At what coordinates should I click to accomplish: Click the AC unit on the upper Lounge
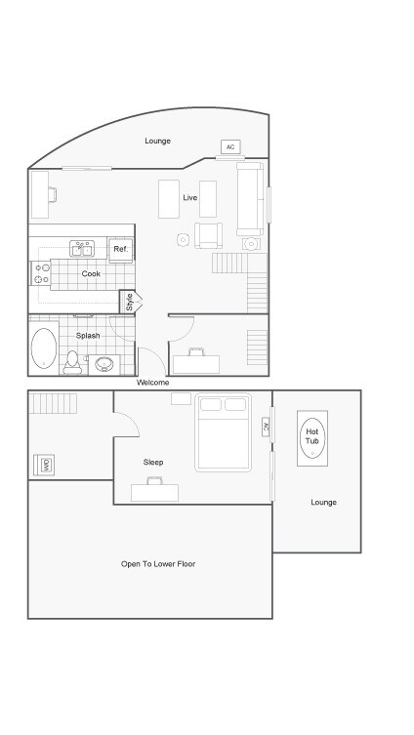230,147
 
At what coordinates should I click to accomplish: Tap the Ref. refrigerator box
120,250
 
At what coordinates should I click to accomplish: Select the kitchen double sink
80,248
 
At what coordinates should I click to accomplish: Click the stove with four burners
42,273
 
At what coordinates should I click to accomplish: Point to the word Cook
91,274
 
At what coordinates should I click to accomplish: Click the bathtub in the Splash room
44,348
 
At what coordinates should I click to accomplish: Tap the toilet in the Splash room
72,362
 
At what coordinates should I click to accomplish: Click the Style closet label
129,303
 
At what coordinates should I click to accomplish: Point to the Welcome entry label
152,383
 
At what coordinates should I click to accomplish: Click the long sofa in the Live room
250,198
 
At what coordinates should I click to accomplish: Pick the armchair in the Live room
209,235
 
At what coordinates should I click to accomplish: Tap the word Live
189,198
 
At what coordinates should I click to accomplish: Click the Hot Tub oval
312,435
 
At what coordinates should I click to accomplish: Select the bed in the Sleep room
223,431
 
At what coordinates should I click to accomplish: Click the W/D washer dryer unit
45,466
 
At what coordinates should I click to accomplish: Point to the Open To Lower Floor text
158,564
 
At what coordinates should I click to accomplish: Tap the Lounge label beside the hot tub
323,503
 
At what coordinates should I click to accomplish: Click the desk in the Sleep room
154,492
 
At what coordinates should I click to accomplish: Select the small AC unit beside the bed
266,427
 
